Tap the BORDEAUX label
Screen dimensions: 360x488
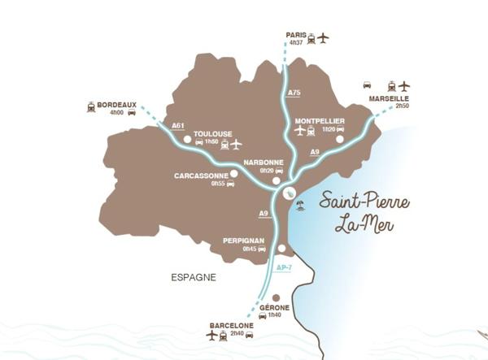(116, 105)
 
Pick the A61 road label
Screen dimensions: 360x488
(179, 125)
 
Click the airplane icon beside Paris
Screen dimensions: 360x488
(323, 37)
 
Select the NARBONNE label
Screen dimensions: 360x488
(264, 162)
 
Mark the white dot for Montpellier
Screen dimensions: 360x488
(340, 139)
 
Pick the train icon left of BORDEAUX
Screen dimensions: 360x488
(89, 106)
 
